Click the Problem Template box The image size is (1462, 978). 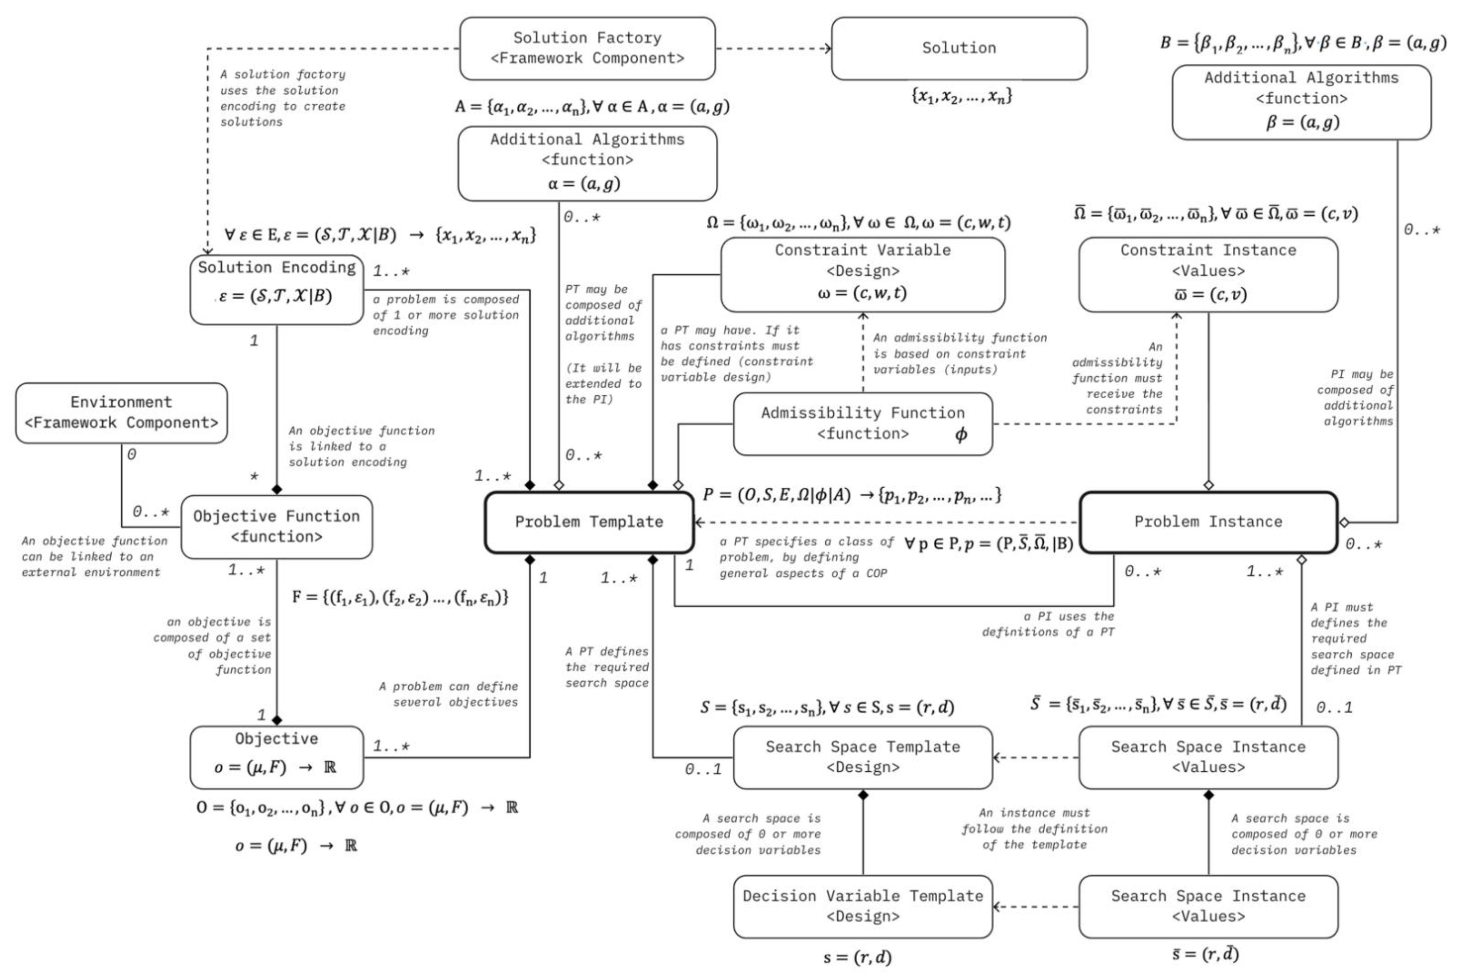tap(589, 522)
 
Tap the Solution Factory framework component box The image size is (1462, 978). tap(587, 48)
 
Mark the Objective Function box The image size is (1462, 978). tap(276, 527)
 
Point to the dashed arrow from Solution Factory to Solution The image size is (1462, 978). tap(773, 48)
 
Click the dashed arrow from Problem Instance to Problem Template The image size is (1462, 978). tap(885, 522)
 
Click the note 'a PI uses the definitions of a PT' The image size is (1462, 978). tap(1049, 624)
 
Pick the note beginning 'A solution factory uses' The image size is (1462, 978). tap(282, 98)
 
